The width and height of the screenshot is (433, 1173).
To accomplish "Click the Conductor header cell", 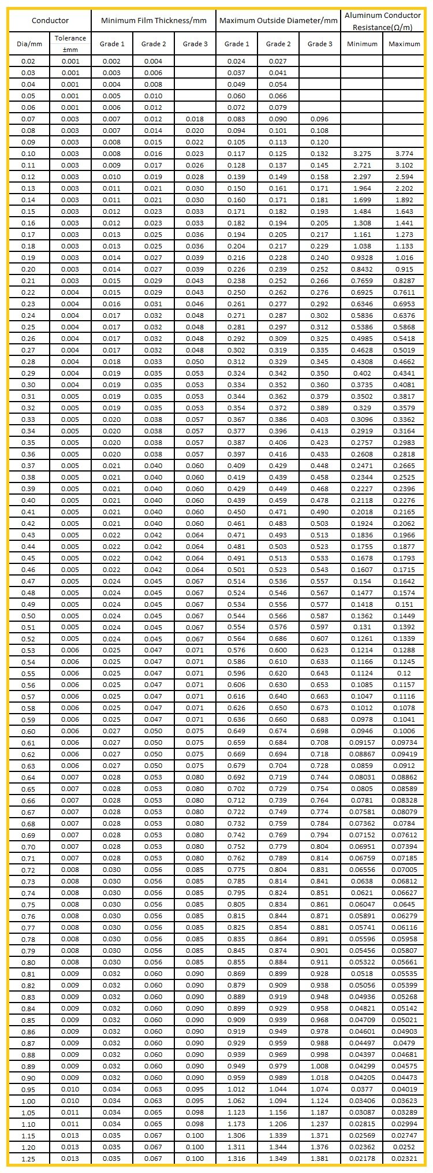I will (50, 21).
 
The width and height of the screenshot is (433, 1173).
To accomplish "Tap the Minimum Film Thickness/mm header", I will (154, 21).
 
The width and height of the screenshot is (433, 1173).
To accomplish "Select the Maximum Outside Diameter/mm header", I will (278, 21).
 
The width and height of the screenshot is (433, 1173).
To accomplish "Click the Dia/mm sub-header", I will (29, 44).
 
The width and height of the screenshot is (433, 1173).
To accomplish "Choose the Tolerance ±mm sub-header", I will (70, 44).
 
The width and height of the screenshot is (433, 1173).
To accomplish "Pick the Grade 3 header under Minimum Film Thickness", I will (195, 44).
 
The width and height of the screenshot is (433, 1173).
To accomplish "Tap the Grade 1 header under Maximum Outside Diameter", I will (237, 44).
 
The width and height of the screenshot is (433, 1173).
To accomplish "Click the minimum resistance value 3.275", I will (361, 154).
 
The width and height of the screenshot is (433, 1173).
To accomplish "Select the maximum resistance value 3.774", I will (404, 154).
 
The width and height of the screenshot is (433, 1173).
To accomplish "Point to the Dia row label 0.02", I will (28, 61).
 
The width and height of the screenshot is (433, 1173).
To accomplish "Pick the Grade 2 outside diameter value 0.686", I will (278, 639).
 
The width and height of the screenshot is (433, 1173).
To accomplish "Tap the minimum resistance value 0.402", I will (361, 373).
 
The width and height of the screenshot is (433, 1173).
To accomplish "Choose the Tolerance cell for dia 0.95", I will (70, 1090).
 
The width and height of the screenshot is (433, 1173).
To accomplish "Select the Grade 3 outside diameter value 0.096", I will (319, 119).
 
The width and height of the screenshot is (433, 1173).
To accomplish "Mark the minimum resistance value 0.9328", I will (361, 258).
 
